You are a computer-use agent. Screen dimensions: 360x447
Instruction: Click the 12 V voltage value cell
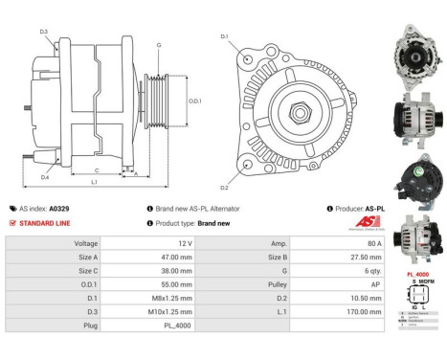[x=183, y=244]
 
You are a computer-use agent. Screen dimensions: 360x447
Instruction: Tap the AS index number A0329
[x=59, y=208]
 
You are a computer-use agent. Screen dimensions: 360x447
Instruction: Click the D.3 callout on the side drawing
[x=44, y=32]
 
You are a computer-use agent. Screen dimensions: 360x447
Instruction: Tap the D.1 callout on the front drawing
[x=225, y=36]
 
